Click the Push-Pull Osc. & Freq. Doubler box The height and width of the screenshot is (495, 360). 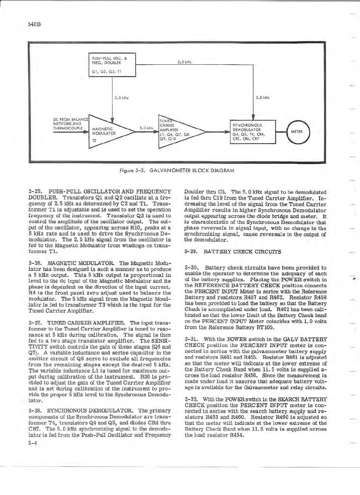coord(112,65)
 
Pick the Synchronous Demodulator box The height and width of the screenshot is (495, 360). coord(252,132)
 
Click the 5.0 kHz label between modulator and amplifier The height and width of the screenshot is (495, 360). coord(146,128)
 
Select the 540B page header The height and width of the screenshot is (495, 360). coord(34,24)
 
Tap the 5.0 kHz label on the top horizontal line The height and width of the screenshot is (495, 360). coord(185,62)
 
